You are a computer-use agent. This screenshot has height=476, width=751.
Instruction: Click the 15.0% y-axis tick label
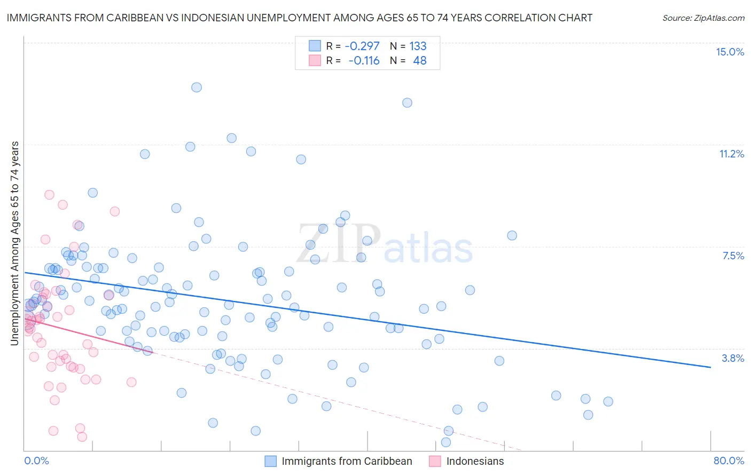tap(730, 52)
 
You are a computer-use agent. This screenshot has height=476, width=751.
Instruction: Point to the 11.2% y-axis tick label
tap(731, 154)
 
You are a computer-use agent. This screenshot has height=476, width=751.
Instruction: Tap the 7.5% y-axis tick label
tap(733, 256)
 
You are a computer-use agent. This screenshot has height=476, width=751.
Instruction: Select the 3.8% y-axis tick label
tap(733, 358)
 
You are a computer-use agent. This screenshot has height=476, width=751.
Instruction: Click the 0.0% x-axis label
tap(36, 461)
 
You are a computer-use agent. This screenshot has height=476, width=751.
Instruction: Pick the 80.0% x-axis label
tap(729, 461)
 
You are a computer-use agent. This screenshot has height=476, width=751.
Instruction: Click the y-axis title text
tap(15, 243)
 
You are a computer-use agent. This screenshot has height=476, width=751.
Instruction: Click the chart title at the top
tap(299, 18)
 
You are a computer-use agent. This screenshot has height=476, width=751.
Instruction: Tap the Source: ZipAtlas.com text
tap(703, 18)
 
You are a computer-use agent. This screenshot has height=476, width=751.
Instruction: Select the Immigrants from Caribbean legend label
tap(347, 461)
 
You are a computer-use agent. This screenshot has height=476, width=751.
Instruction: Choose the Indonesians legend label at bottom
tap(475, 461)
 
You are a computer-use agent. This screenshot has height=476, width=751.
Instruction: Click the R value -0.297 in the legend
tap(362, 46)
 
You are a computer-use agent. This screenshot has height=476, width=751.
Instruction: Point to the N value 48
tap(420, 61)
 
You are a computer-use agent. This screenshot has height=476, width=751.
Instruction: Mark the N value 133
tap(418, 46)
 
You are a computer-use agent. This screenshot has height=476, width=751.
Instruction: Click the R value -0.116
tap(363, 61)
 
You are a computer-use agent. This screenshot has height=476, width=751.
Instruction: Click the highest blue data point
tap(197, 88)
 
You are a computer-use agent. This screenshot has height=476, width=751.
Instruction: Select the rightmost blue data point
tap(608, 402)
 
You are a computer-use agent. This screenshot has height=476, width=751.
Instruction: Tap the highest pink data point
tap(49, 195)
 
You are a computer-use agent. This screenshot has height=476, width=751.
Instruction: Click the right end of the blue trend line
tap(710, 367)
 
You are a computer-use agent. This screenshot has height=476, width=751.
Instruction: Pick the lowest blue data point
tap(446, 442)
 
